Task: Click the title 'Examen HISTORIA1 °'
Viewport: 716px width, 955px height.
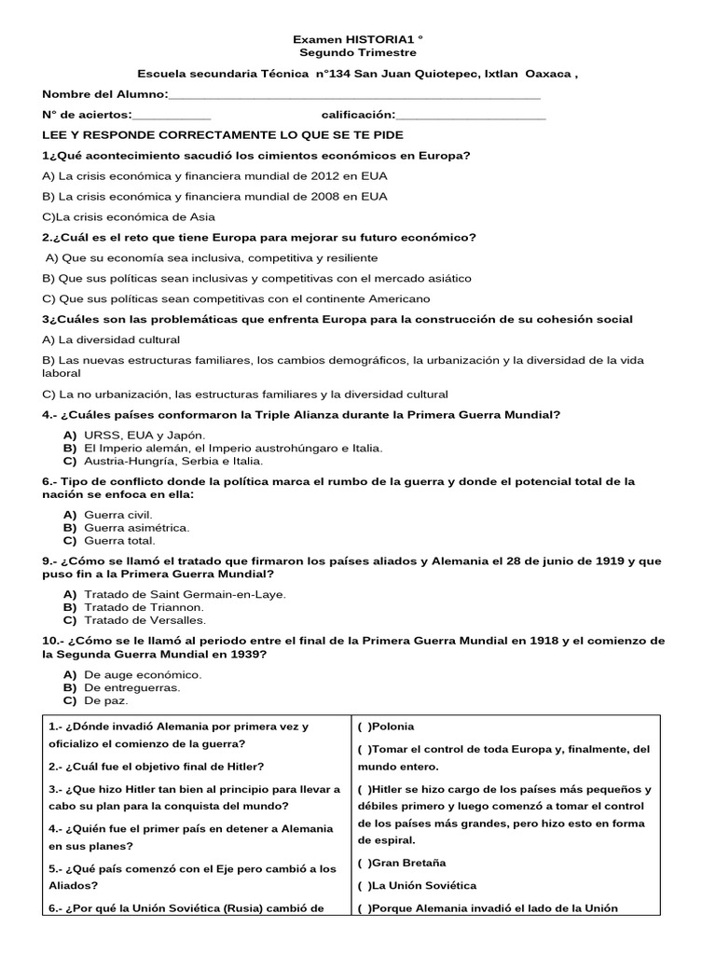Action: click(x=358, y=40)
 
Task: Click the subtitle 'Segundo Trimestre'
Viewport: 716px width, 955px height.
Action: click(x=358, y=54)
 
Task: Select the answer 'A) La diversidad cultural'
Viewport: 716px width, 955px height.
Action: click(x=112, y=339)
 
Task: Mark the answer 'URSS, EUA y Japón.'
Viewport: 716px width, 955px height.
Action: click(x=144, y=436)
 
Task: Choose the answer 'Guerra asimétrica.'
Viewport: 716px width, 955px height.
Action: click(x=136, y=528)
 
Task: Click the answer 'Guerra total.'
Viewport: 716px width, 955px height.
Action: click(x=119, y=541)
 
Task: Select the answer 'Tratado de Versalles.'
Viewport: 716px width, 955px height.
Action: click(x=145, y=620)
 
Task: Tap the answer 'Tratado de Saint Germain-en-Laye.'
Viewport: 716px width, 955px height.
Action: click(x=185, y=594)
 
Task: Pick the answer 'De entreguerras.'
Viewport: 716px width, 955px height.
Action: click(x=131, y=687)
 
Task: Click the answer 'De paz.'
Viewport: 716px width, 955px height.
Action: click(x=105, y=700)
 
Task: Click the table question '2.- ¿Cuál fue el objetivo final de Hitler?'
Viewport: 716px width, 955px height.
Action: click(x=155, y=767)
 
